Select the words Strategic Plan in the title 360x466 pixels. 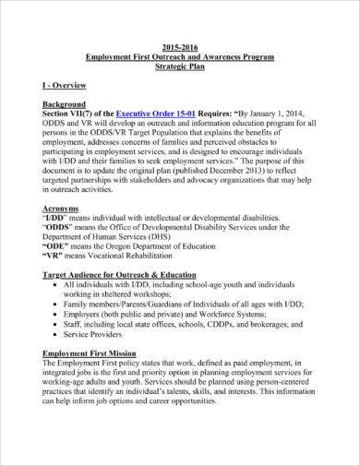point(181,66)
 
